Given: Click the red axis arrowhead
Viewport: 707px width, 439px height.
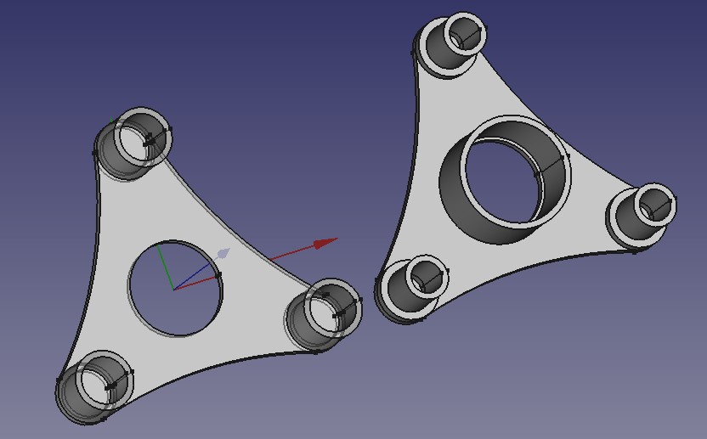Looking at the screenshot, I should tap(325, 244).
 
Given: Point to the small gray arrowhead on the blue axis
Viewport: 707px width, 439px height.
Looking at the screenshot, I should tap(223, 254).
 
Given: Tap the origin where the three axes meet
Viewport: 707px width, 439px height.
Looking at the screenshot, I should tap(174, 289).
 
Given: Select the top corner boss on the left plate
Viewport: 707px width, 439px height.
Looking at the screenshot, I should tap(136, 140).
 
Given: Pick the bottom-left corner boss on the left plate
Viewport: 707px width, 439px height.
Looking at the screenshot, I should tap(95, 387).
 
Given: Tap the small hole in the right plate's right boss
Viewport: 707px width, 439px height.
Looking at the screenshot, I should tap(655, 205).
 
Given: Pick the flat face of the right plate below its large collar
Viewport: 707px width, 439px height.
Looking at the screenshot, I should tap(510, 255).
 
